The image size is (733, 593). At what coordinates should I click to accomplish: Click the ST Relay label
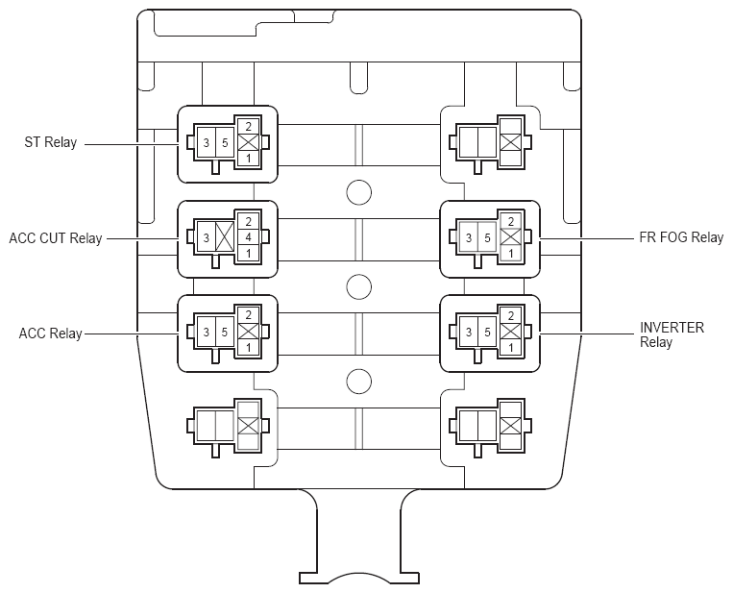click(50, 143)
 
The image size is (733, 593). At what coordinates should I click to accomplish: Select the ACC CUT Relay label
click(55, 237)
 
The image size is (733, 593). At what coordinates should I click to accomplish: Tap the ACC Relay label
click(51, 334)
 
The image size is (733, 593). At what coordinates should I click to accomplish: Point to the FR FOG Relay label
click(681, 237)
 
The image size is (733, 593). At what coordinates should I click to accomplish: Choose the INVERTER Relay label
click(672, 334)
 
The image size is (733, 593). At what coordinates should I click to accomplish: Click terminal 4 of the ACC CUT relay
click(248, 236)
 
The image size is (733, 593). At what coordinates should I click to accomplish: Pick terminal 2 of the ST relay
click(248, 126)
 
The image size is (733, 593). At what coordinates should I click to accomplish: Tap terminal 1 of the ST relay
click(248, 158)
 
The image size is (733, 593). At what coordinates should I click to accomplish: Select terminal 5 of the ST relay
click(223, 142)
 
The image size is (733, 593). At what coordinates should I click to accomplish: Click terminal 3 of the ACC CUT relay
click(205, 236)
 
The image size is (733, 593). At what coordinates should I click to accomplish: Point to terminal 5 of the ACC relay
click(223, 332)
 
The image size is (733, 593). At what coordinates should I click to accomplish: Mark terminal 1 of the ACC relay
click(248, 347)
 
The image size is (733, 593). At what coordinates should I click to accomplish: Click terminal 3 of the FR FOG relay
click(468, 236)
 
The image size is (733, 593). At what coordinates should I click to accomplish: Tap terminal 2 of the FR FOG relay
click(510, 221)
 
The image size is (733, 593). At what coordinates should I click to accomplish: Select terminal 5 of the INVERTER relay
click(487, 332)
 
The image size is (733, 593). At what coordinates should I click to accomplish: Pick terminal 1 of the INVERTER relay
click(510, 347)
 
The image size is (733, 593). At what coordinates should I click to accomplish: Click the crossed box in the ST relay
click(248, 142)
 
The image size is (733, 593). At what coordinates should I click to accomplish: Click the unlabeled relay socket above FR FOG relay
click(489, 142)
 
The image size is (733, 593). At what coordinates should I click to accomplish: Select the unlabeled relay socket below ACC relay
click(227, 425)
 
